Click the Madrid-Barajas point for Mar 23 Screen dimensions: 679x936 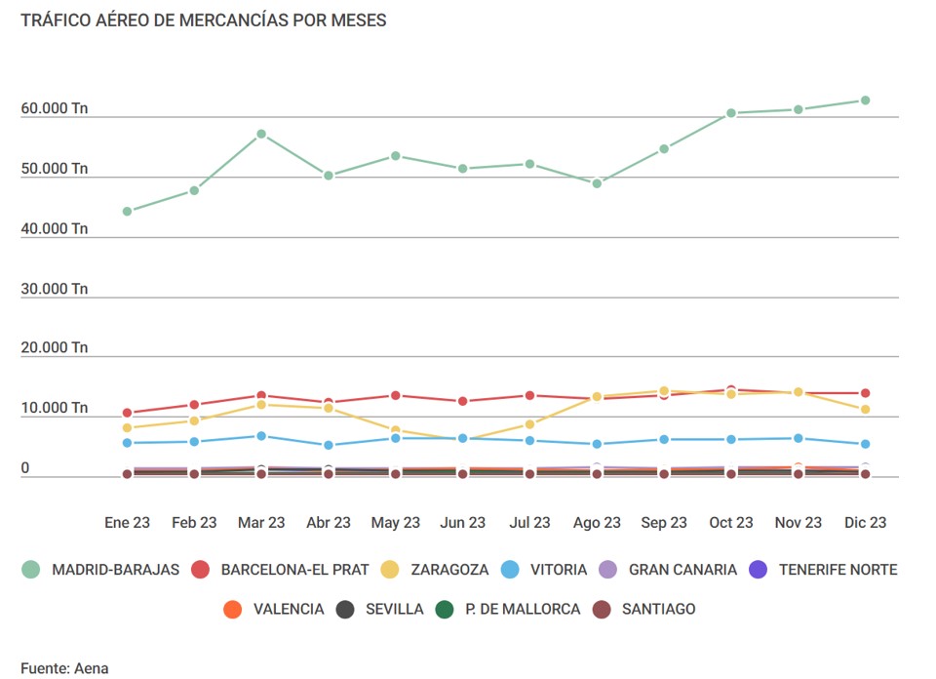261,134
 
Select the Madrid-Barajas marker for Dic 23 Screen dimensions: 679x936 865,100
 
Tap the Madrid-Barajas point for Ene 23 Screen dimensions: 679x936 127,211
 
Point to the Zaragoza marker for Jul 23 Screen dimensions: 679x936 529,424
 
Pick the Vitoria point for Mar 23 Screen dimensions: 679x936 261,436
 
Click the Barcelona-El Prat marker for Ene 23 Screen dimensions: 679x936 127,413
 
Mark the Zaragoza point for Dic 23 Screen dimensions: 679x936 865,410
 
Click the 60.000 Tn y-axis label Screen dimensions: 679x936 54,108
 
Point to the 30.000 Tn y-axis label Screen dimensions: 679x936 54,289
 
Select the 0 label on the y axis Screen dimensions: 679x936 25,468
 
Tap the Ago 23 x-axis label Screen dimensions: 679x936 597,523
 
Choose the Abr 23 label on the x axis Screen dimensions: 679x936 329,523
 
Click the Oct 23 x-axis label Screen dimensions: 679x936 731,523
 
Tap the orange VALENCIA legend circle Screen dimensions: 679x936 232,610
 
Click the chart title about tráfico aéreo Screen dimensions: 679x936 203,20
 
